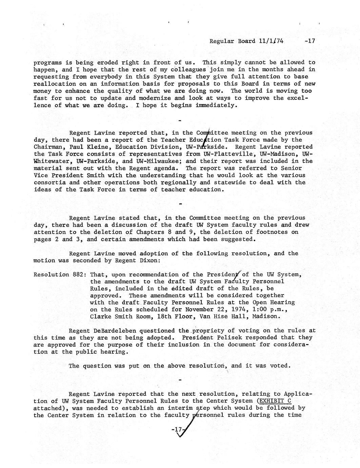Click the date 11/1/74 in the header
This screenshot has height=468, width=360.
[x=271, y=41]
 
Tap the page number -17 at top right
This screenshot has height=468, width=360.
[x=310, y=41]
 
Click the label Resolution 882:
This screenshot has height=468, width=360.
[x=59, y=274]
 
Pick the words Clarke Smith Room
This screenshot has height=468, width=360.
[x=118, y=316]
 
